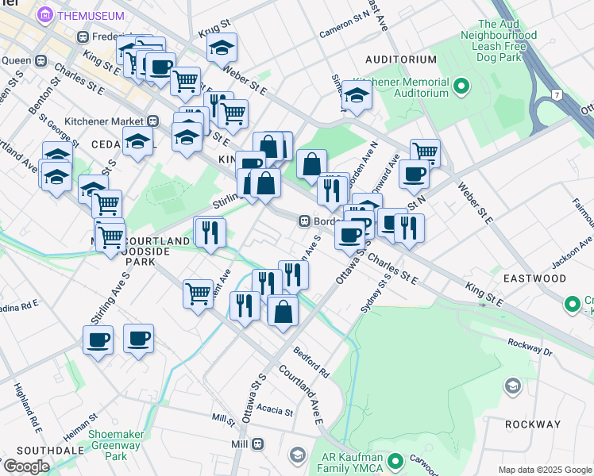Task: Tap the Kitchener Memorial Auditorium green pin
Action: tap(460, 84)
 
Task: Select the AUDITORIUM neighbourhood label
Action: tap(401, 59)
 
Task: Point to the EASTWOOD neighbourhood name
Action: tap(534, 278)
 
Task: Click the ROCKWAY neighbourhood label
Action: tap(533, 424)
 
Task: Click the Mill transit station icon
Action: tap(258, 445)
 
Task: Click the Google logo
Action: tap(26, 466)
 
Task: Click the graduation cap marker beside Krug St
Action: tap(222, 47)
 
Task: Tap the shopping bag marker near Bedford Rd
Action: tap(283, 310)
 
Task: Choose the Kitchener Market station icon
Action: tap(153, 121)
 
